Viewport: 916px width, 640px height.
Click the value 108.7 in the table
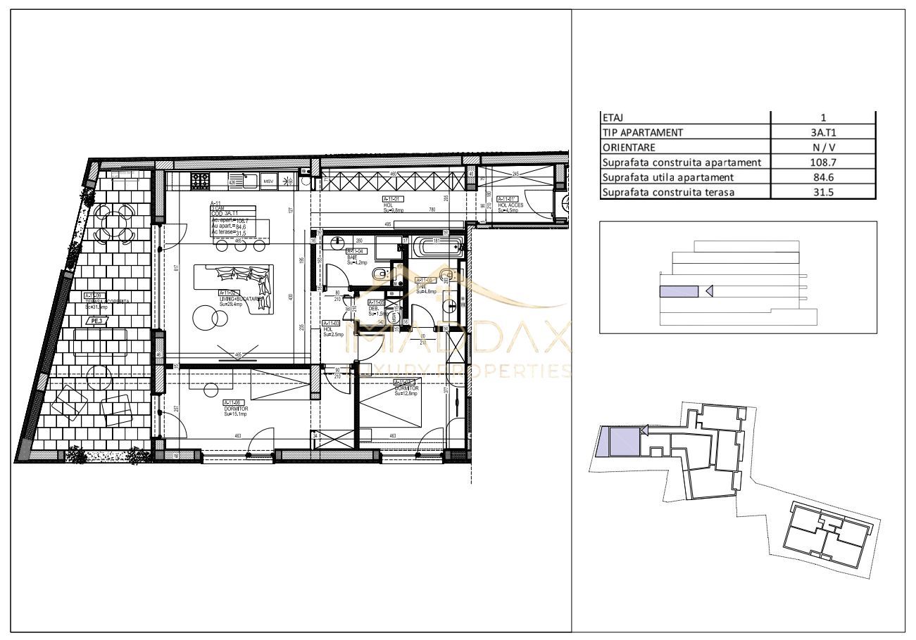tap(823, 162)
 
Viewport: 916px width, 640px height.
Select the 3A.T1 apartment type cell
tap(823, 132)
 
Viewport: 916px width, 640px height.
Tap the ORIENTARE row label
tap(629, 148)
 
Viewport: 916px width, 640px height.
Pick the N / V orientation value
tap(823, 148)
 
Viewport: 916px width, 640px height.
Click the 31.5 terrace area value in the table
tap(823, 192)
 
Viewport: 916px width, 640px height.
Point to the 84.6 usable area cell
tap(823, 177)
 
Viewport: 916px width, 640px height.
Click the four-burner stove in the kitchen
tap(200, 181)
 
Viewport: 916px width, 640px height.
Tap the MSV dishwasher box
tap(268, 181)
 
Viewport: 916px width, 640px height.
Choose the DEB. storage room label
tap(374, 308)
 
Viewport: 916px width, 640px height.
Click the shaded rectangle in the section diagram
tap(678, 291)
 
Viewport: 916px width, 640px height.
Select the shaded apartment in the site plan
tap(624, 441)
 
